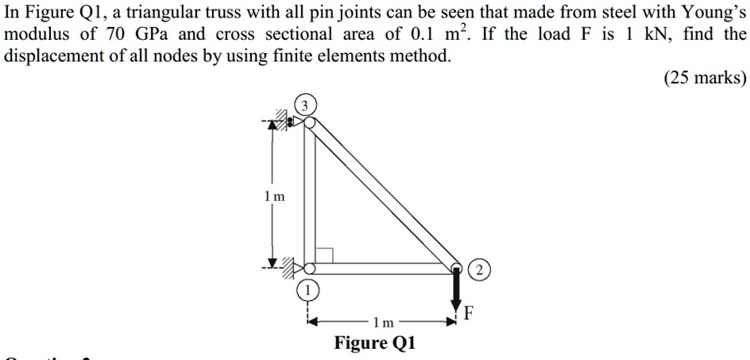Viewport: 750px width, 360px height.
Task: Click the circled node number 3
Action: click(306, 106)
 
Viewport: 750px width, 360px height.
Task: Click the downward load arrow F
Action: click(458, 289)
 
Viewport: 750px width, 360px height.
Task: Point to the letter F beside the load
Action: click(470, 313)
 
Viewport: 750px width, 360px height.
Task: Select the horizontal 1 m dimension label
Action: click(384, 323)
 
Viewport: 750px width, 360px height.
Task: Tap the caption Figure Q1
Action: click(375, 343)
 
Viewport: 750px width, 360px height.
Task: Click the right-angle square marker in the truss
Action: click(324, 255)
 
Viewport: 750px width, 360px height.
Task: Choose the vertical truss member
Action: click(309, 195)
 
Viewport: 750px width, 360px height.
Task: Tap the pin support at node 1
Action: click(296, 265)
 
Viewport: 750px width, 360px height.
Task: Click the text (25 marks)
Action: click(705, 78)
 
